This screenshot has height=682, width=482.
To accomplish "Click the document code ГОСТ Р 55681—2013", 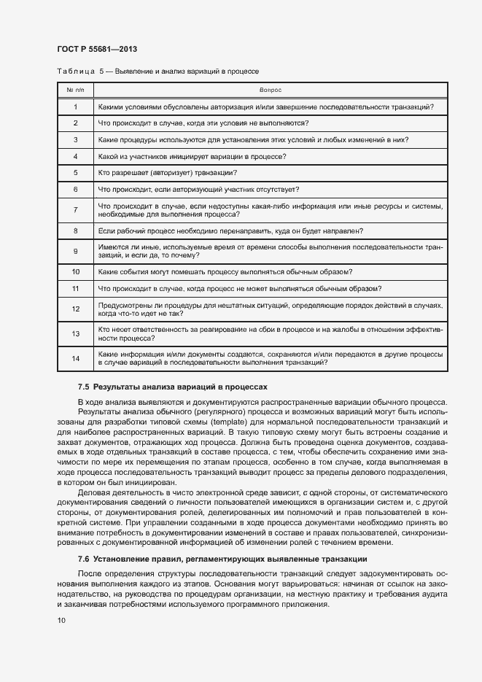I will (x=97, y=49).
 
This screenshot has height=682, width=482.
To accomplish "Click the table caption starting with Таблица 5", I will (x=158, y=71).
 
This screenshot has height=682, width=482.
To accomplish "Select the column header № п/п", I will (x=75, y=90).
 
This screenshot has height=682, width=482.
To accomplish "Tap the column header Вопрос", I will (x=271, y=90).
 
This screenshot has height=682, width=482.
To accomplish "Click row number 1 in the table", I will (x=75, y=107).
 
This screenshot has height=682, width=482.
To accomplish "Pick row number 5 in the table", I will (x=75, y=173).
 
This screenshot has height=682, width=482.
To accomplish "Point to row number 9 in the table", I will (x=75, y=252).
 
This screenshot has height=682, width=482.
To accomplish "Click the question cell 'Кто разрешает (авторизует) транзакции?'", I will (x=166, y=173).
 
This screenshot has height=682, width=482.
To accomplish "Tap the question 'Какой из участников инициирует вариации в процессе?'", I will (x=191, y=156).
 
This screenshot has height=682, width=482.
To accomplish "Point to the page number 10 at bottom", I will (x=61, y=621).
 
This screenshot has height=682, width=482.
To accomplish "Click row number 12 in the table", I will (x=75, y=309).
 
